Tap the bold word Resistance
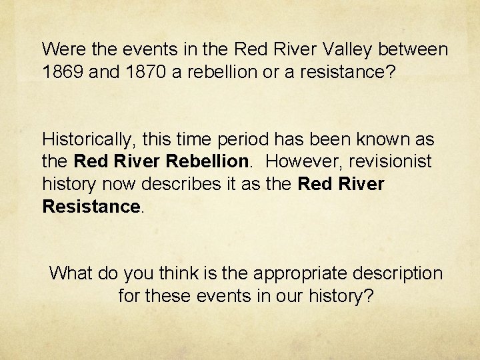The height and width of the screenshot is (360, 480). tap(91, 207)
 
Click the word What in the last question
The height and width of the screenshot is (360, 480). tap(71, 273)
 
